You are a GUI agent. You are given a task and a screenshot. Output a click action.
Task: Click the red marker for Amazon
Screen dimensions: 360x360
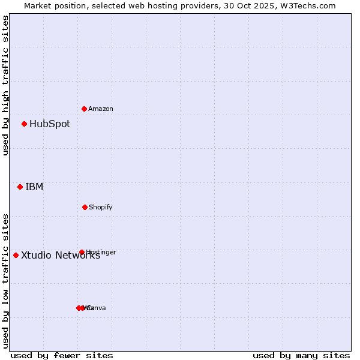(85, 109)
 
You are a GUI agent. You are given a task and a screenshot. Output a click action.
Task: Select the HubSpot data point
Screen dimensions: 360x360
(25, 124)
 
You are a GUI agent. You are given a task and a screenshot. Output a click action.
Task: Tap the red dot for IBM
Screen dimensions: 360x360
(20, 187)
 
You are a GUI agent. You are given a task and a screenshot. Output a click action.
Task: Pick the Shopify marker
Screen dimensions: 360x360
(85, 207)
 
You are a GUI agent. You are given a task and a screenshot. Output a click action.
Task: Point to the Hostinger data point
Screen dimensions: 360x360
(82, 252)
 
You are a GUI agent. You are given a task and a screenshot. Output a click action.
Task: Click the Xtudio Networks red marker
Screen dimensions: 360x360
(16, 255)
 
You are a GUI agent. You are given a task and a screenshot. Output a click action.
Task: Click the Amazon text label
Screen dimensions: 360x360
(101, 109)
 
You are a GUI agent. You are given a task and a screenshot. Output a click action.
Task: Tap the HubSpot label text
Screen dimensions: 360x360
(50, 124)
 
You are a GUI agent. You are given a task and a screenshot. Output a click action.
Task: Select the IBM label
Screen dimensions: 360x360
(34, 187)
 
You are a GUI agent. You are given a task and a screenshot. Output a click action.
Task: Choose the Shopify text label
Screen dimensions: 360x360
(101, 208)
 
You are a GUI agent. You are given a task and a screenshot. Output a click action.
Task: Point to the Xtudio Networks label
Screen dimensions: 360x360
(61, 256)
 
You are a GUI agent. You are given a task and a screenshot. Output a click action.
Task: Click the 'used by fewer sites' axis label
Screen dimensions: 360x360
(62, 355)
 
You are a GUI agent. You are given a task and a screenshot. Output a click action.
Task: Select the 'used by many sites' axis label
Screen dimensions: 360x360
(301, 355)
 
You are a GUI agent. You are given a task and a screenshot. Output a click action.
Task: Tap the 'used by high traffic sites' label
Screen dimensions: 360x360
(5, 85)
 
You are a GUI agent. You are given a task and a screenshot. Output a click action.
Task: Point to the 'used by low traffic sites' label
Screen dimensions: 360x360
(5, 280)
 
